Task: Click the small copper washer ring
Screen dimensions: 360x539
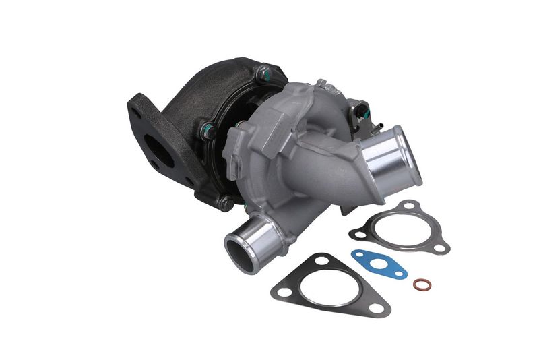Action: [422, 284]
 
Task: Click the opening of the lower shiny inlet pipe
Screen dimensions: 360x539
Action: [240, 254]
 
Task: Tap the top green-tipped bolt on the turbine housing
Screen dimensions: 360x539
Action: [263, 71]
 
